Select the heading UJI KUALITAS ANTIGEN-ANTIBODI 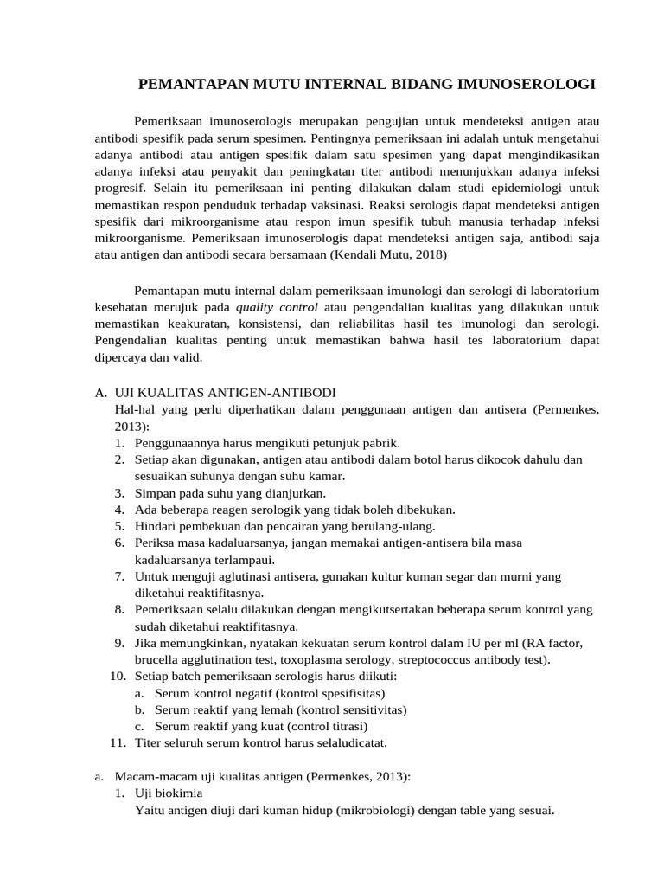coord(225,393)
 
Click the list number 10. coord(119,676)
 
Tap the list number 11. coord(119,742)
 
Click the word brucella coord(156,659)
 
